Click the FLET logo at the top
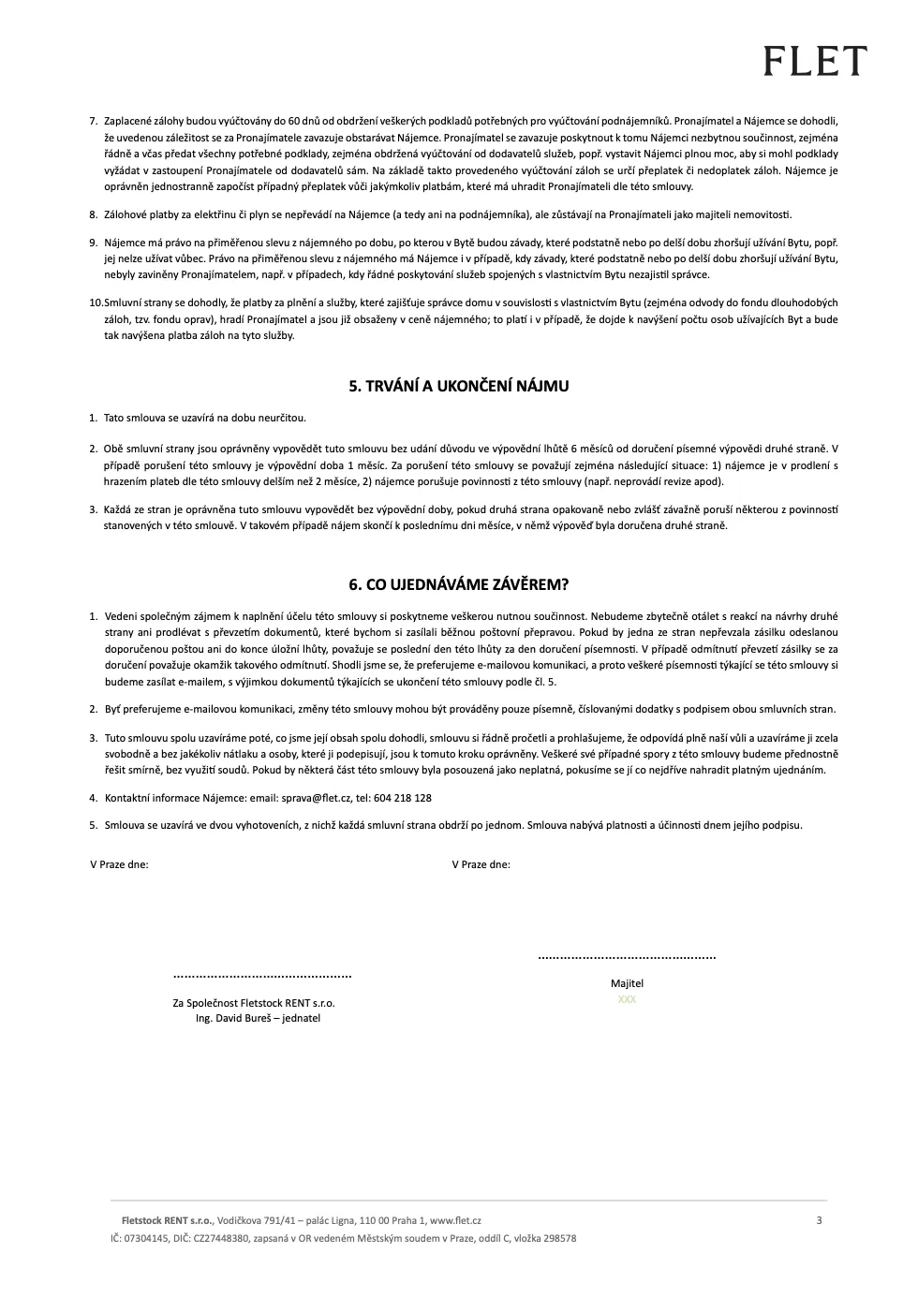click(x=815, y=62)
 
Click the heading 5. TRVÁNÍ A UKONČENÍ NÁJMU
click(x=459, y=386)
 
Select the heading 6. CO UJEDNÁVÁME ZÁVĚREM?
click(x=459, y=584)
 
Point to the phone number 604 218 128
click(x=404, y=799)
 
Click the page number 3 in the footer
click(x=819, y=1220)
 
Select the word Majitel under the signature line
click(x=627, y=983)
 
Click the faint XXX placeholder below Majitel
click(x=627, y=999)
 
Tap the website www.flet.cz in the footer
click(x=455, y=1221)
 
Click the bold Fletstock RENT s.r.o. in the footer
click(x=168, y=1221)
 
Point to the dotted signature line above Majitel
click(x=627, y=958)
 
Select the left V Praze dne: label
click(x=119, y=864)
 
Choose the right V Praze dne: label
click(x=481, y=864)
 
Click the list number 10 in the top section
click(x=96, y=302)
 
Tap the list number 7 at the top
click(x=94, y=121)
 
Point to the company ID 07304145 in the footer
click(x=144, y=1238)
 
